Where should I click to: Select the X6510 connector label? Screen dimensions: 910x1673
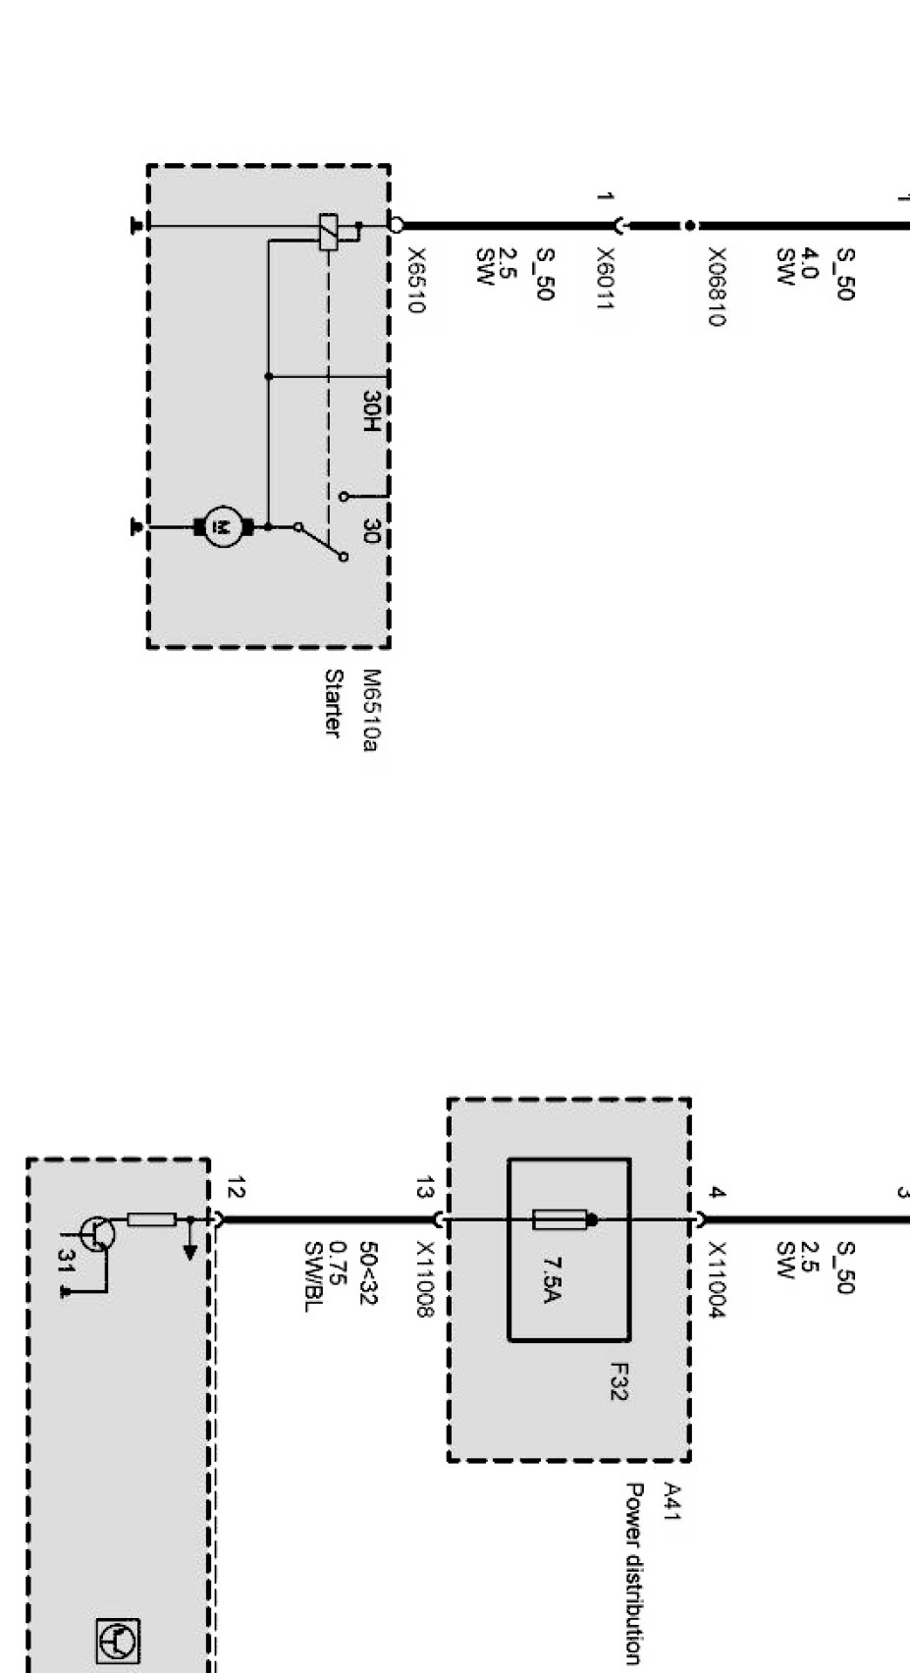414,280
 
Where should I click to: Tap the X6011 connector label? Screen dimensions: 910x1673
605,280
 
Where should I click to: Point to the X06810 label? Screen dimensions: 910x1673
717,287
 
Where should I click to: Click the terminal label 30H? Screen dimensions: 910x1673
370,411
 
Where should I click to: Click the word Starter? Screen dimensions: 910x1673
334,703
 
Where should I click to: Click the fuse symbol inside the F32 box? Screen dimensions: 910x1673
562,1220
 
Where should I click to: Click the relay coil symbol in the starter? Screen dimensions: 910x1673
330,232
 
